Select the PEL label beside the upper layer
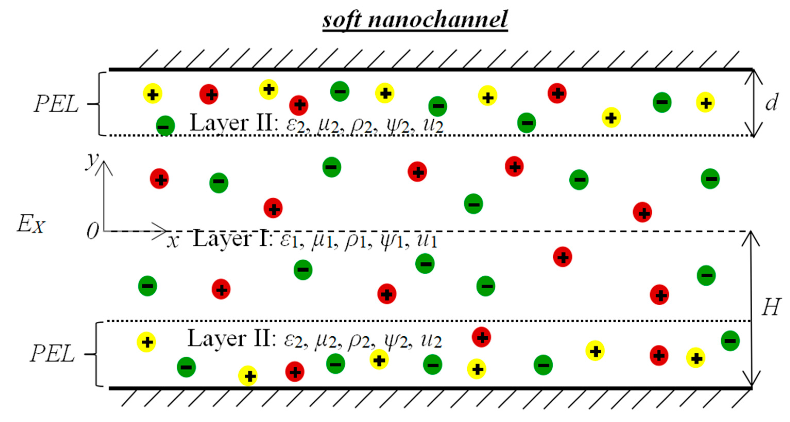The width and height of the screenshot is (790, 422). pyautogui.click(x=56, y=104)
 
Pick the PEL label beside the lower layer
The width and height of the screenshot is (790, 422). pyautogui.click(x=52, y=353)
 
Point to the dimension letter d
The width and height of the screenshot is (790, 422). pyautogui.click(x=771, y=102)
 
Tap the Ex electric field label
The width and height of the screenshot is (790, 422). pyautogui.click(x=31, y=224)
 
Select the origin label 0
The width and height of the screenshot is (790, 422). pyautogui.click(x=92, y=231)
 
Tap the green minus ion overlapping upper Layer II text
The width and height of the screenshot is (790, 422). pyautogui.click(x=165, y=126)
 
